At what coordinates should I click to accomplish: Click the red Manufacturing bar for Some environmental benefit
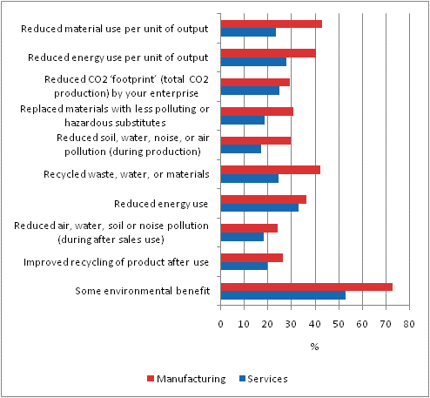click(306, 287)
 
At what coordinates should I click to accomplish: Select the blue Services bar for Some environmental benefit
click(283, 295)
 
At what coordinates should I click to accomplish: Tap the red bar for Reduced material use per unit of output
click(272, 24)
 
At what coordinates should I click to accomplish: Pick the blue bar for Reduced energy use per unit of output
click(253, 62)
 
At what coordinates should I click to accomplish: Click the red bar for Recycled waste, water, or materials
click(271, 170)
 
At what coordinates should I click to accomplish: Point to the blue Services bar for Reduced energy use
click(259, 207)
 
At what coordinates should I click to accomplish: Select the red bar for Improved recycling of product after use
click(252, 258)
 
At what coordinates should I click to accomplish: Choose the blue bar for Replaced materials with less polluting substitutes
click(243, 120)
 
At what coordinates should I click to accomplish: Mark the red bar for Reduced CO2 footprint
click(255, 83)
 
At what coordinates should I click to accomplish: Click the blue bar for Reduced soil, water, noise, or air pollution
click(241, 149)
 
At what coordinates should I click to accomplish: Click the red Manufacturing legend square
click(151, 379)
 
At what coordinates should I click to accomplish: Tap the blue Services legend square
click(242, 379)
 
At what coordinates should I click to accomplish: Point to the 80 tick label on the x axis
click(409, 324)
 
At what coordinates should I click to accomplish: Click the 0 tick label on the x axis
click(220, 324)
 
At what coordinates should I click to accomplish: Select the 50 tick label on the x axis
click(339, 324)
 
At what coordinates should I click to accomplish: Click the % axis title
click(314, 347)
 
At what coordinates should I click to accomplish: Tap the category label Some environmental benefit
click(143, 291)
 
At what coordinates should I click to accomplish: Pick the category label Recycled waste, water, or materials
click(126, 174)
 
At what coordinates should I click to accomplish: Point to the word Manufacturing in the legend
click(191, 379)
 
